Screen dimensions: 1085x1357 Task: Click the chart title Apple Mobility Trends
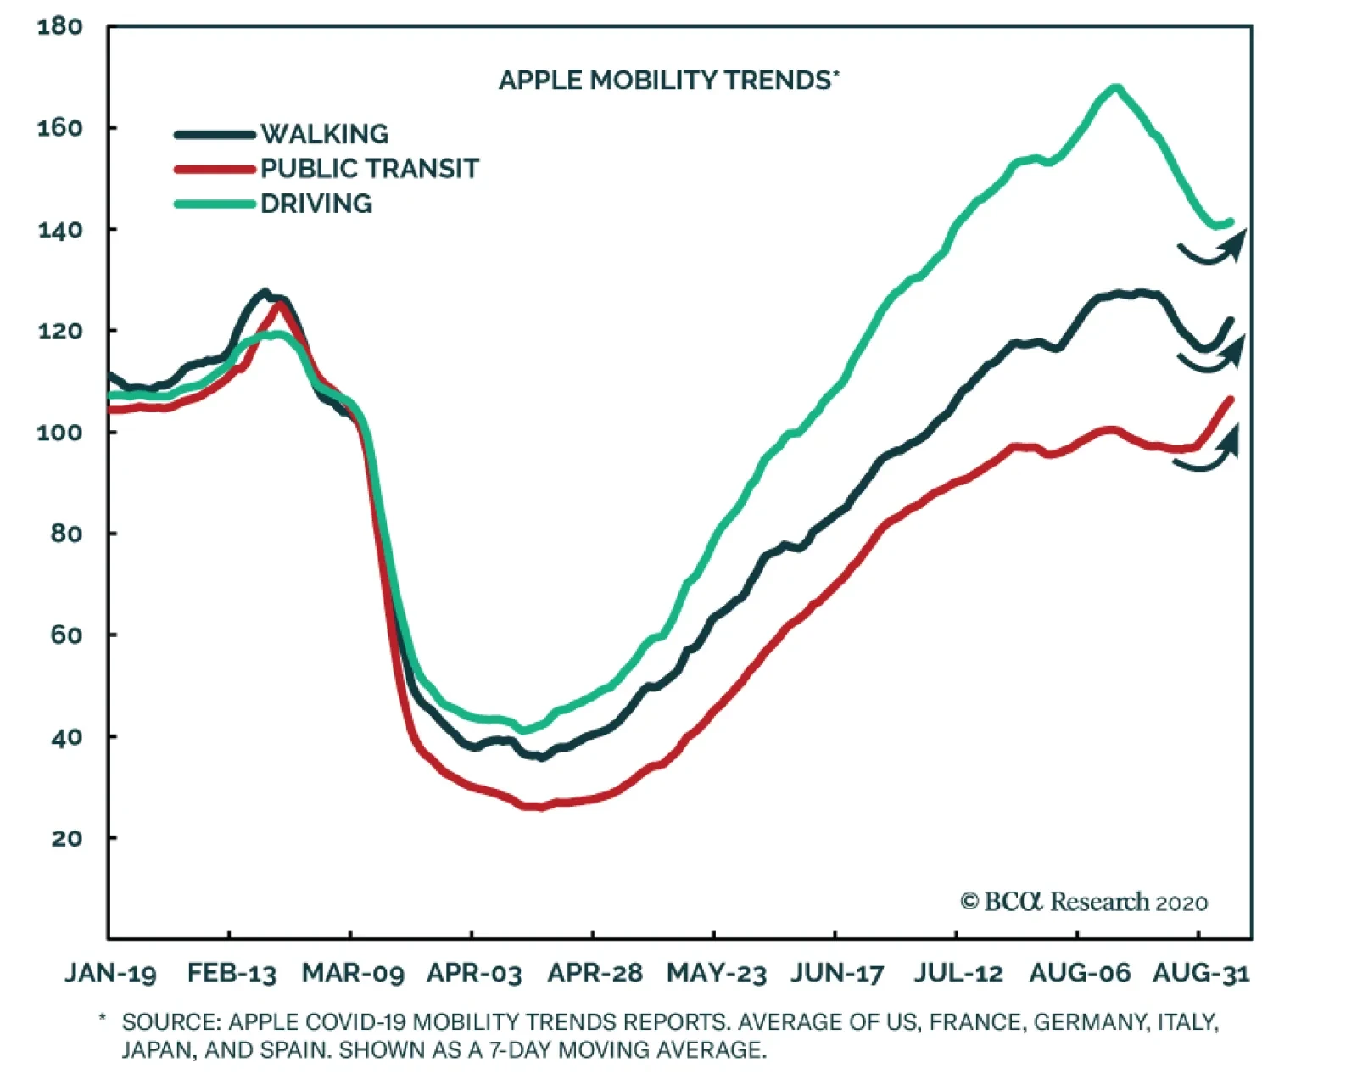click(667, 80)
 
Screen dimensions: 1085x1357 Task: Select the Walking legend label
click(324, 134)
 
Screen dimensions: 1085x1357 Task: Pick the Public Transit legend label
click(369, 169)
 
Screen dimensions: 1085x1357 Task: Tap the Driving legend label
click(316, 204)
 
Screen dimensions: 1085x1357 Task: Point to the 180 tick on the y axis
click(60, 27)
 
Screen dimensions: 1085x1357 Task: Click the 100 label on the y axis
click(60, 433)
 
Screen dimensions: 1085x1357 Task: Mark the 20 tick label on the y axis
click(66, 838)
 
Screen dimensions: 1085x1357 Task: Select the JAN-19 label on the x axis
click(110, 973)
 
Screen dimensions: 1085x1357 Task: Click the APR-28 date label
click(595, 973)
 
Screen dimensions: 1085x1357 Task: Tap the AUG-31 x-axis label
click(1200, 973)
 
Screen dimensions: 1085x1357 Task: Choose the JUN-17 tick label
click(836, 973)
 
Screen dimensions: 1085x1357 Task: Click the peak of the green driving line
click(1116, 87)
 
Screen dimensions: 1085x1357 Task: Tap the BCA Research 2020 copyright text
click(1084, 902)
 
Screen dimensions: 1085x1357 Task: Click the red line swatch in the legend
click(215, 169)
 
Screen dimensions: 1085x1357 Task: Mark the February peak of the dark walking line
click(265, 293)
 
